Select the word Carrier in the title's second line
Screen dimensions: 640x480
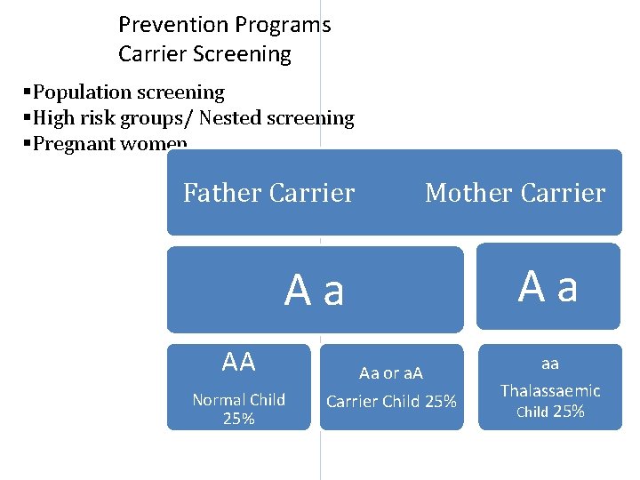[x=148, y=54]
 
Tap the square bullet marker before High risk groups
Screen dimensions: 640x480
[x=27, y=117]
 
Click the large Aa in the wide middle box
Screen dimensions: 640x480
[x=315, y=290]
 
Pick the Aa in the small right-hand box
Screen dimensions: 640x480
[x=548, y=286]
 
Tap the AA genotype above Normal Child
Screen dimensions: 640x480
[x=238, y=362]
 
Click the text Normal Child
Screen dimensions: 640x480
[x=238, y=400]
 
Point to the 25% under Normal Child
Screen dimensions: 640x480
[x=238, y=419]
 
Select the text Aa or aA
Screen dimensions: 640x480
[x=391, y=373]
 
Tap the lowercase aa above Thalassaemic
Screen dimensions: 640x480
[x=550, y=364]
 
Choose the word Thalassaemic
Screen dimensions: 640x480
[x=550, y=390]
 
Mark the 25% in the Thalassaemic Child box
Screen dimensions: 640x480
[x=569, y=412]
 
